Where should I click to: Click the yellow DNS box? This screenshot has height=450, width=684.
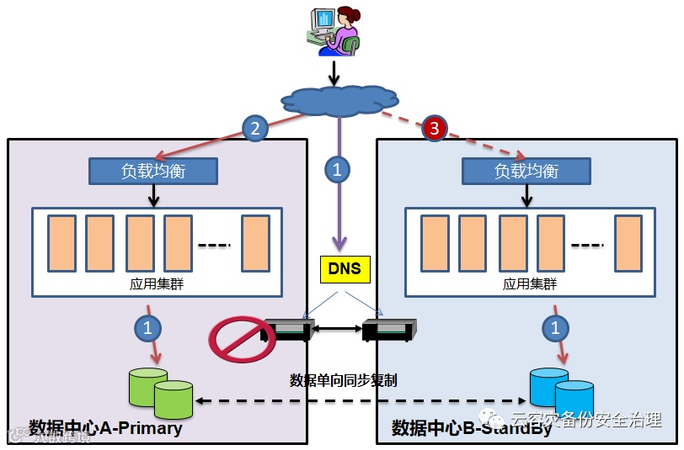point(345,268)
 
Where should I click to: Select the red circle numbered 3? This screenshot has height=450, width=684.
point(434,129)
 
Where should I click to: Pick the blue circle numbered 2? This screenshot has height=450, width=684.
point(254,128)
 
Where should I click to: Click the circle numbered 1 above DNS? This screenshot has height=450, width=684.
point(337,169)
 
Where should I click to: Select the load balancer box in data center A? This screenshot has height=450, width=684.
point(153,172)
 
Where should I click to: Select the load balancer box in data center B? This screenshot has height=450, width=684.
point(526,172)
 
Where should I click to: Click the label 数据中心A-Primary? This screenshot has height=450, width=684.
point(105,428)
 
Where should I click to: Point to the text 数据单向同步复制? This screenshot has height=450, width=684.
point(343,380)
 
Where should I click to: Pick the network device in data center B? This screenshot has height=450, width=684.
point(388,331)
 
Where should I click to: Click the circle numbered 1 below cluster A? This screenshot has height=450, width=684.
point(148,328)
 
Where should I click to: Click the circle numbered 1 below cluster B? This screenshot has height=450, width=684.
point(553,328)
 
